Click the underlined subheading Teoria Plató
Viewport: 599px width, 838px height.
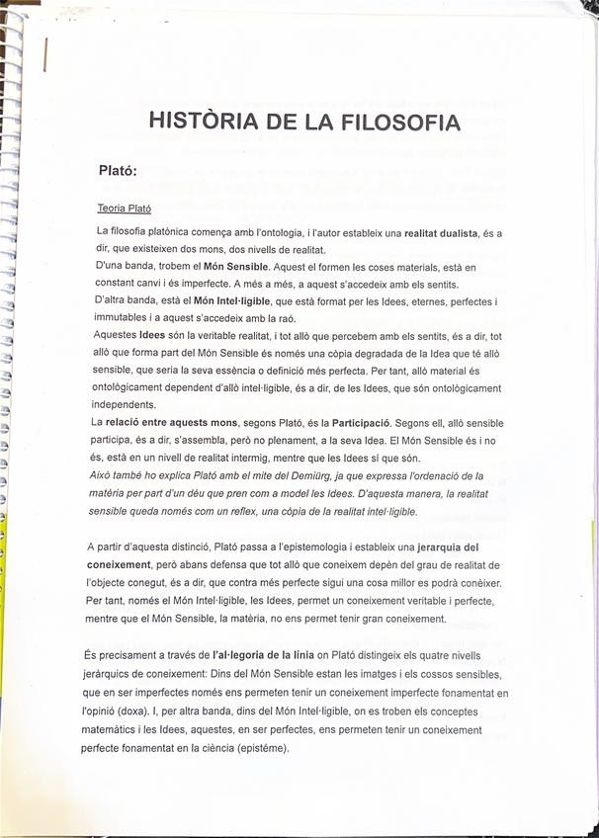(124, 209)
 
